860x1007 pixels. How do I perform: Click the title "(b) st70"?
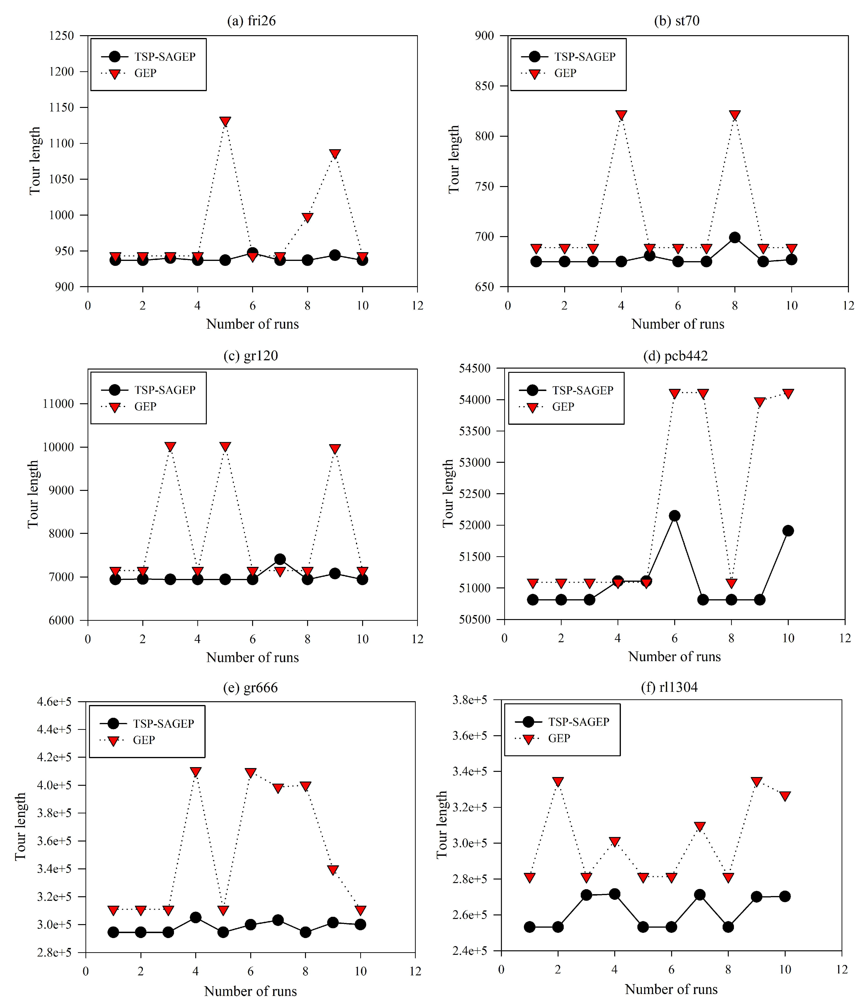[x=677, y=21]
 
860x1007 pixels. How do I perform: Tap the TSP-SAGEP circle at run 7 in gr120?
[x=280, y=559]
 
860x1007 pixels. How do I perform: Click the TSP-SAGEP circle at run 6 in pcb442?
[x=674, y=516]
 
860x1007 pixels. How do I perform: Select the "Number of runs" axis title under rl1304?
[x=671, y=989]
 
